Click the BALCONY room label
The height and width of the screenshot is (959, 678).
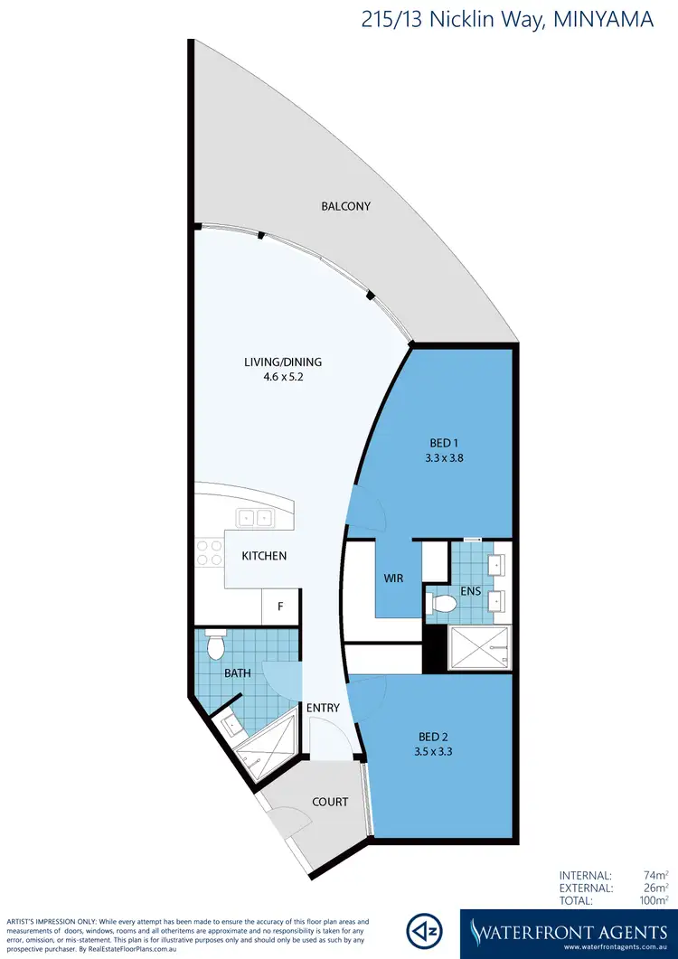coord(346,206)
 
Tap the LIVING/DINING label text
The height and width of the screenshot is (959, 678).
coord(283,362)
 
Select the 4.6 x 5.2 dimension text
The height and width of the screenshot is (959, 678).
coord(283,378)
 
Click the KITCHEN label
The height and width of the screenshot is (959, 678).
coord(264,556)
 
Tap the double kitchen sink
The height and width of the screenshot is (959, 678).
coord(256,518)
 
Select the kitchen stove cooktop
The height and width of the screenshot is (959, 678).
coord(210,553)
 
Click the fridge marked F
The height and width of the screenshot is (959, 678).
coord(280,606)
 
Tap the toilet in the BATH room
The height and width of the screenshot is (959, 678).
coord(216,645)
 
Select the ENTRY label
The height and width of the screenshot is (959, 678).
coord(323,708)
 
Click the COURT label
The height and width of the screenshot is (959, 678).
coord(330,802)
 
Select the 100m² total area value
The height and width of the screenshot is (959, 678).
coord(653,901)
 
